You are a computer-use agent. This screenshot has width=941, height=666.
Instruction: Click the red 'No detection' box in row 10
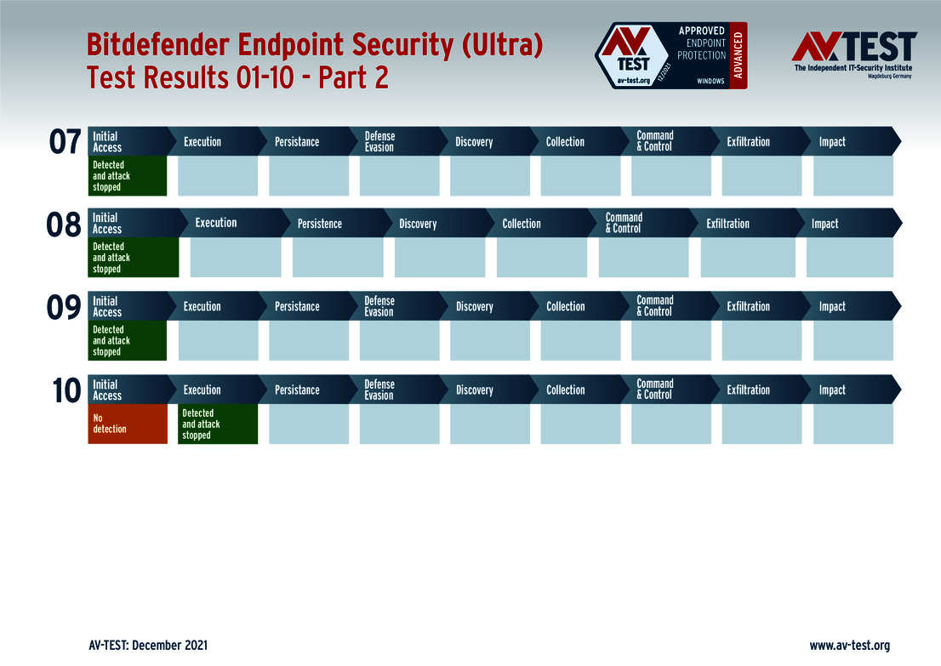[x=127, y=424]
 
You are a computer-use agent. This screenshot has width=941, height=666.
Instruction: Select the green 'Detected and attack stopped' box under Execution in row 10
[x=217, y=424]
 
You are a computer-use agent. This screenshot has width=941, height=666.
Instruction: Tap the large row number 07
[x=65, y=142]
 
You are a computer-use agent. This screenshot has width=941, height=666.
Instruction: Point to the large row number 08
[x=65, y=225]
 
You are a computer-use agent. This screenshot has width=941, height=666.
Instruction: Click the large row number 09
[x=65, y=308]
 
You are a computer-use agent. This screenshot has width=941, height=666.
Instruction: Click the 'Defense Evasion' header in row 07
[x=379, y=142]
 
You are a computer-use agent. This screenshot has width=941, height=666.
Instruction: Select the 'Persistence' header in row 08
[x=319, y=224]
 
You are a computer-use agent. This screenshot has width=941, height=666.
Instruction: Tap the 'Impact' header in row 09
[x=832, y=307]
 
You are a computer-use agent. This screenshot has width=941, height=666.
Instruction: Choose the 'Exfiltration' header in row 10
[x=748, y=390]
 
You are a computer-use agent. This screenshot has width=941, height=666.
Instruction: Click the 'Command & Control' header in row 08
[x=624, y=223]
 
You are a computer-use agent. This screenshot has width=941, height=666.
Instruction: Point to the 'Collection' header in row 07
[x=565, y=142]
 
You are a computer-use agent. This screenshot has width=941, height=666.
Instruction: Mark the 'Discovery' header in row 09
[x=474, y=307]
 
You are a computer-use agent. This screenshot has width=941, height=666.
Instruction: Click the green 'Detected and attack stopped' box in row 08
[x=133, y=258]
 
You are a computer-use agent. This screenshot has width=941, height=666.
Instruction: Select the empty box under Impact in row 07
[x=853, y=176]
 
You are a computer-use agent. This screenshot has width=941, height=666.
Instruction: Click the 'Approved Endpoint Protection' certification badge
[x=670, y=56]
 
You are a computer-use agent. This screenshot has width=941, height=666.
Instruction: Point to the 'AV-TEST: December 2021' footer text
[x=147, y=645]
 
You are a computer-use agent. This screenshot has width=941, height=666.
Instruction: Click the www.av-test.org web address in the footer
[x=849, y=645]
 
